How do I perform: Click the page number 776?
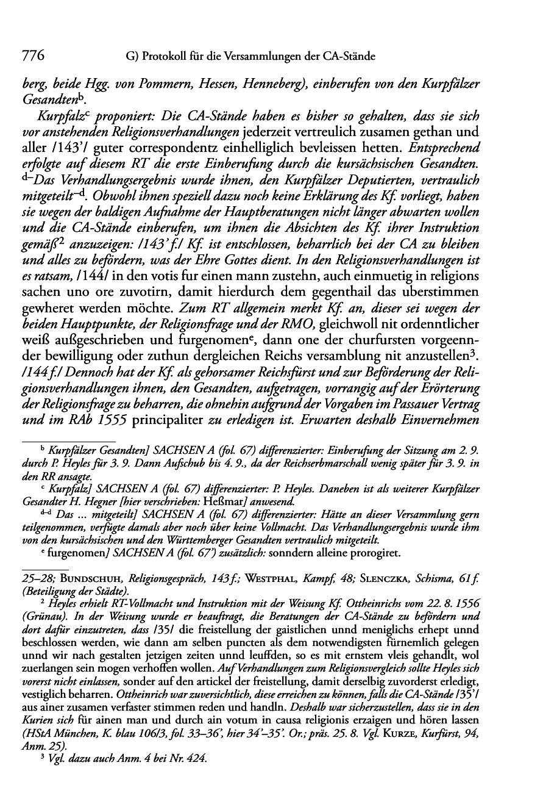pos(33,56)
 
